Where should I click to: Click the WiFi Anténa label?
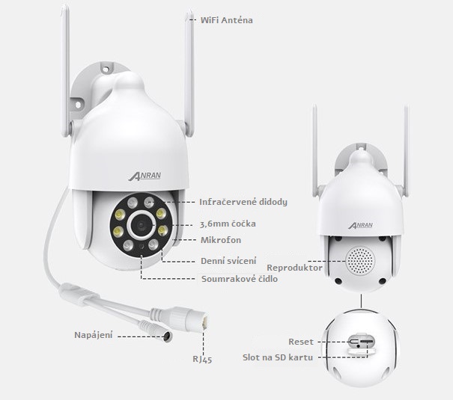226,20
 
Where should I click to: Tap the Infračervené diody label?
243,202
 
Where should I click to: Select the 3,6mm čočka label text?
231,223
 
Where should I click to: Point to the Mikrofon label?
220,240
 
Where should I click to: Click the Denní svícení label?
230,262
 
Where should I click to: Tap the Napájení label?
93,334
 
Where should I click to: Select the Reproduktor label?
294,267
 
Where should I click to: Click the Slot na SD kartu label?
279,357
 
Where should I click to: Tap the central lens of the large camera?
140,223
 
